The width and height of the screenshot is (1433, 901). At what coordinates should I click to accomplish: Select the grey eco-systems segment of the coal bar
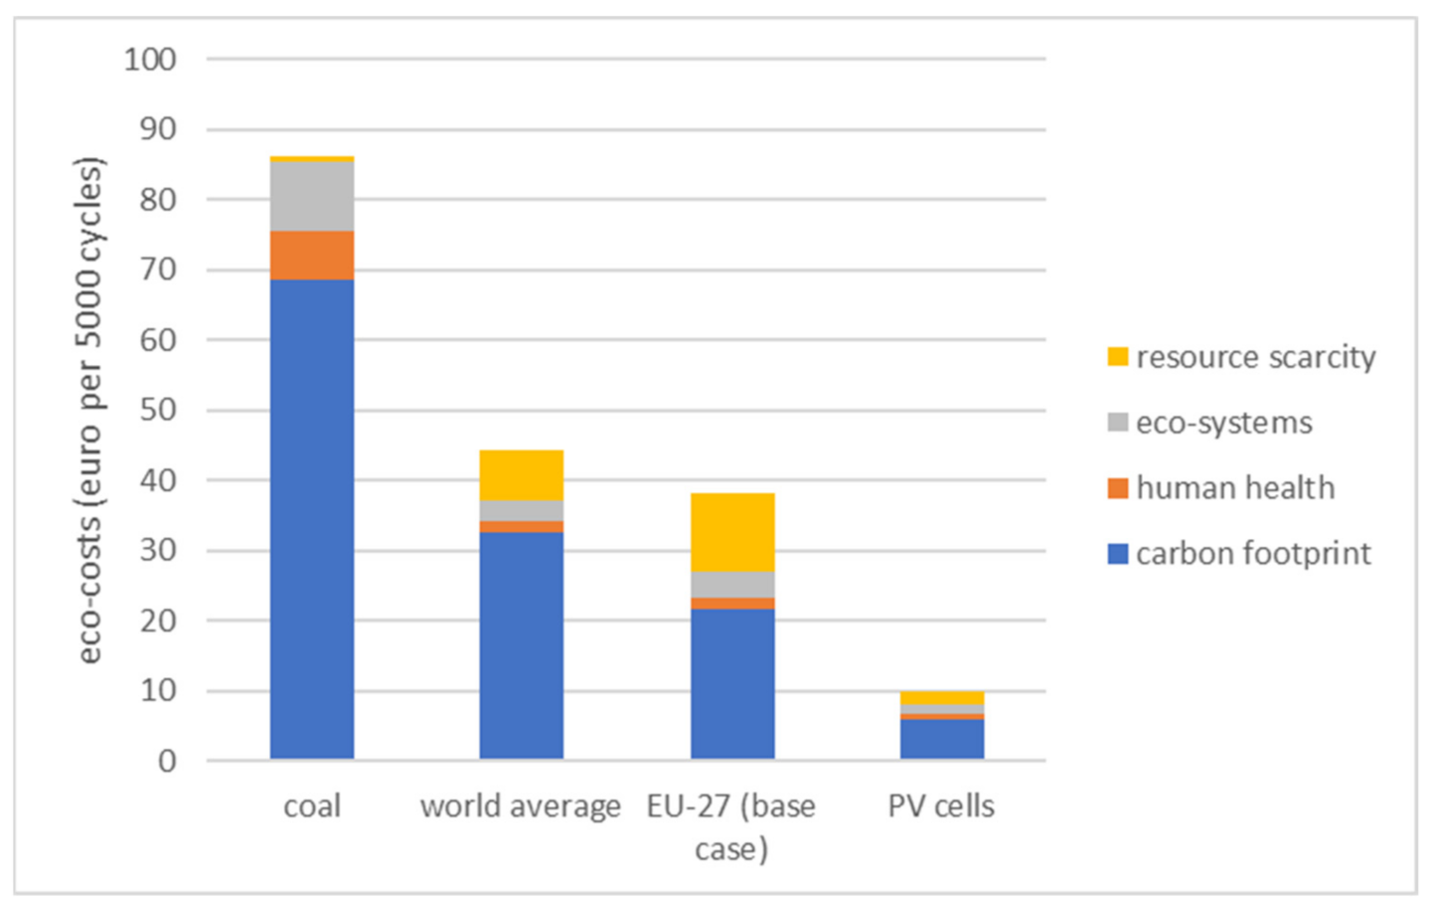point(312,196)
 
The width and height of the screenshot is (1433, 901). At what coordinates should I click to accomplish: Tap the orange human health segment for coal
point(312,256)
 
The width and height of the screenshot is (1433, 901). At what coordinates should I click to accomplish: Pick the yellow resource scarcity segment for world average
point(522,475)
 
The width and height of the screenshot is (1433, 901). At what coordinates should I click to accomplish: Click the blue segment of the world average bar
point(522,645)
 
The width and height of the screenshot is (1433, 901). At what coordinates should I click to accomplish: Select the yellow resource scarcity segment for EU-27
point(732,532)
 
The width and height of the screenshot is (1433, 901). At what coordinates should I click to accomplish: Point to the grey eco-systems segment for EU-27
point(732,585)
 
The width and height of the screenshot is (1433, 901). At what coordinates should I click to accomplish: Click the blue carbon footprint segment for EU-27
point(732,684)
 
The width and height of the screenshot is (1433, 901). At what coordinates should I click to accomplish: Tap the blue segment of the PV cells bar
point(942,739)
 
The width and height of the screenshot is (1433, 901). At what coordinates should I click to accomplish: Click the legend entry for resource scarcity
point(1242,357)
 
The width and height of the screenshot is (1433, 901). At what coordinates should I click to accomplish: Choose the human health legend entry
point(1222,488)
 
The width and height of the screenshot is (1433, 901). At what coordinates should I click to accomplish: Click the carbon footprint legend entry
point(1240,554)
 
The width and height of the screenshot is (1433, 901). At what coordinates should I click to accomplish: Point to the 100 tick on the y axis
point(150,60)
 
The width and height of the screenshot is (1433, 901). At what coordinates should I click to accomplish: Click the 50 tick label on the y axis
point(157,410)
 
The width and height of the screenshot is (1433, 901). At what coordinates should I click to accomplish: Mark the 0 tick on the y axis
point(166,762)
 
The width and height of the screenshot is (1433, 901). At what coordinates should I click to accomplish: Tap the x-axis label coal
point(312,806)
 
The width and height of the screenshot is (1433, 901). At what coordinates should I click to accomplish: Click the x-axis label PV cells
point(941,806)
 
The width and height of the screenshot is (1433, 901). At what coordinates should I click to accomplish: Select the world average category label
point(521,806)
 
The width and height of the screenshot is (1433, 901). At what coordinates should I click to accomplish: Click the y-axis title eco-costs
point(89,410)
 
